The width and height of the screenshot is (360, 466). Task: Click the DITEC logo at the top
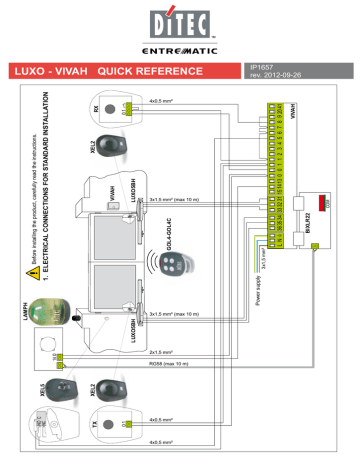coord(179,22)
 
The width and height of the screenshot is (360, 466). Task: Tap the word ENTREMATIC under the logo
coord(179,49)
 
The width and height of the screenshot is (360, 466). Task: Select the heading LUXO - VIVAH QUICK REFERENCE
coord(117,71)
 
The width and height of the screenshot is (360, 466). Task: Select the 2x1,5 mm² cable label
coord(163,352)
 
